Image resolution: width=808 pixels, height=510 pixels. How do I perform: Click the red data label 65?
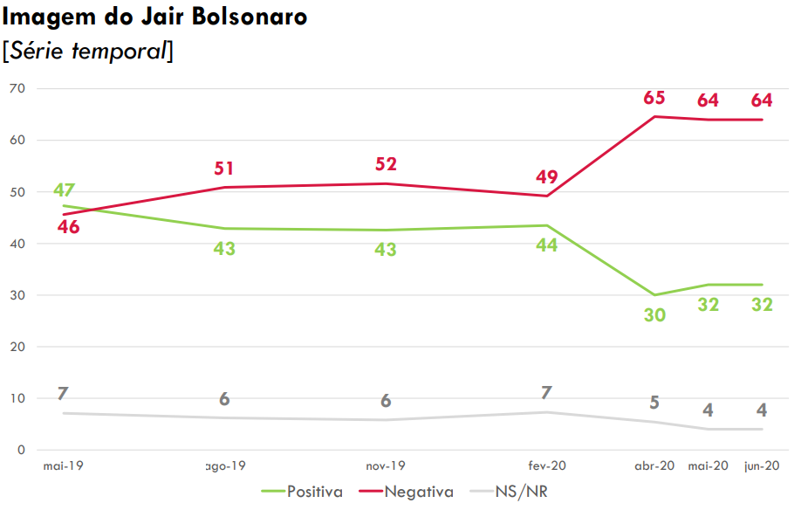(654, 98)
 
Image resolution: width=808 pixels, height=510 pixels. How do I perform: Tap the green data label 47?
(65, 190)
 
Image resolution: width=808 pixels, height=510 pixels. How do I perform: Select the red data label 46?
(68, 227)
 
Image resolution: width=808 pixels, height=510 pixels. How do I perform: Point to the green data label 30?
(654, 315)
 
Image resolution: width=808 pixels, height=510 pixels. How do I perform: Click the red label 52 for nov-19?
(386, 164)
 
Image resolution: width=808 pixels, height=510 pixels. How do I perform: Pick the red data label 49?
(547, 177)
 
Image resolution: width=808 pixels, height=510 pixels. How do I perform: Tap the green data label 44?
(547, 245)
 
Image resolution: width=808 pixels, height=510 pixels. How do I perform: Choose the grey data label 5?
(654, 403)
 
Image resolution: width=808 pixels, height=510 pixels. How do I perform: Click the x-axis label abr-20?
(654, 466)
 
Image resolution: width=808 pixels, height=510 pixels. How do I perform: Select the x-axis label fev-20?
(547, 466)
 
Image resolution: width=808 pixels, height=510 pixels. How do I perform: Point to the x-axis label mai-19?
(63, 466)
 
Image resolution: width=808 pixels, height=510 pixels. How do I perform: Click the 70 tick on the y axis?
(17, 89)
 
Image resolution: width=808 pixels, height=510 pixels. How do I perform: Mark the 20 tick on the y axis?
(17, 347)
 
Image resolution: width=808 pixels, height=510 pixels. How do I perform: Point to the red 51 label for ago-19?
(224, 169)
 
